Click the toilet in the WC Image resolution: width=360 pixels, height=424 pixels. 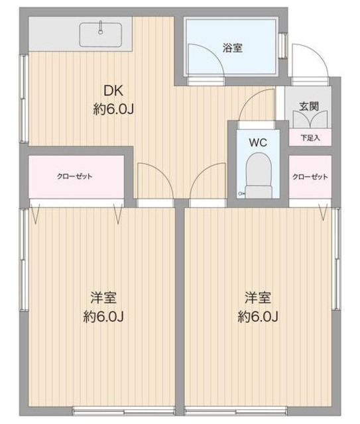[x=258, y=173]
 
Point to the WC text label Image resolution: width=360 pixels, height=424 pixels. [x=258, y=142]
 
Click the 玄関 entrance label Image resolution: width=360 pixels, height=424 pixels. [x=309, y=105]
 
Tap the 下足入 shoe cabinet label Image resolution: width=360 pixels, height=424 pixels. [x=310, y=138]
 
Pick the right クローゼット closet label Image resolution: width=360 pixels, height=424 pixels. [x=310, y=176]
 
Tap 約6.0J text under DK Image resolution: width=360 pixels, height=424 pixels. [x=113, y=109]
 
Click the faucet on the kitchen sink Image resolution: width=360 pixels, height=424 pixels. [x=101, y=28]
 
